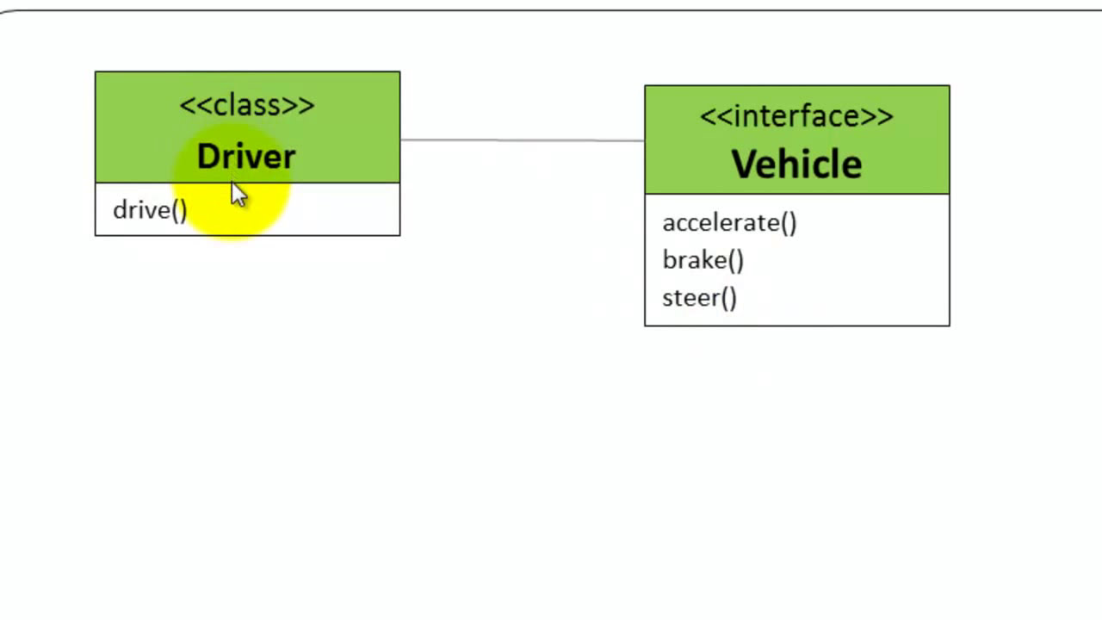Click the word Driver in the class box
pyautogui.click(x=246, y=157)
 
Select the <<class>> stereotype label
pyautogui.click(x=247, y=105)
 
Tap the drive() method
pyautogui.click(x=150, y=210)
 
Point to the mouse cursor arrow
pyautogui.click(x=238, y=195)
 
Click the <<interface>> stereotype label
pyautogui.click(x=796, y=116)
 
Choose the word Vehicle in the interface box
pyautogui.click(x=796, y=164)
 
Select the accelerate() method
pyautogui.click(x=729, y=223)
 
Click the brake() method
pyautogui.click(x=703, y=260)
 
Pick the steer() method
pyautogui.click(x=699, y=298)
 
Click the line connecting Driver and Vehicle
pyautogui.click(x=522, y=139)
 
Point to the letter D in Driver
pyautogui.click(x=207, y=157)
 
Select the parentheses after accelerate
pyautogui.click(x=788, y=223)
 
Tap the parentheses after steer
pyautogui.click(x=728, y=298)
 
